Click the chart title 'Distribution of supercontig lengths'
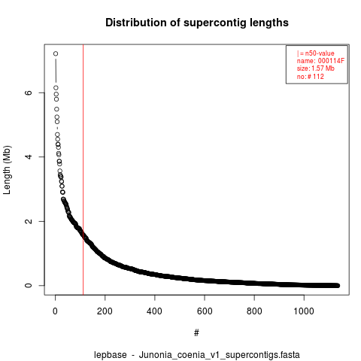[197, 23]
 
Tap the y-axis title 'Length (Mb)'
[7, 170]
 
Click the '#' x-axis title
[196, 333]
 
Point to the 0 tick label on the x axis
[55, 311]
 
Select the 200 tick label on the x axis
[105, 311]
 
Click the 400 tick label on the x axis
[154, 311]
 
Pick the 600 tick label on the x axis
[205, 311]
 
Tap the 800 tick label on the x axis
[254, 311]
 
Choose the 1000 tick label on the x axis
[304, 311]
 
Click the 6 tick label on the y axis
[29, 93]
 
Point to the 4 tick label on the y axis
[29, 157]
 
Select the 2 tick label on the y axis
[29, 221]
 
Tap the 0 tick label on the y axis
[29, 286]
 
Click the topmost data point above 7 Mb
[56, 53]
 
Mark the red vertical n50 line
[83, 170]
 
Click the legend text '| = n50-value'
[316, 53]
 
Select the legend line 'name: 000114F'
[320, 61]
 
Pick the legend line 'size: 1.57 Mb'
[316, 68]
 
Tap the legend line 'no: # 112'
[311, 76]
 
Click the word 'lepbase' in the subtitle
[111, 355]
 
